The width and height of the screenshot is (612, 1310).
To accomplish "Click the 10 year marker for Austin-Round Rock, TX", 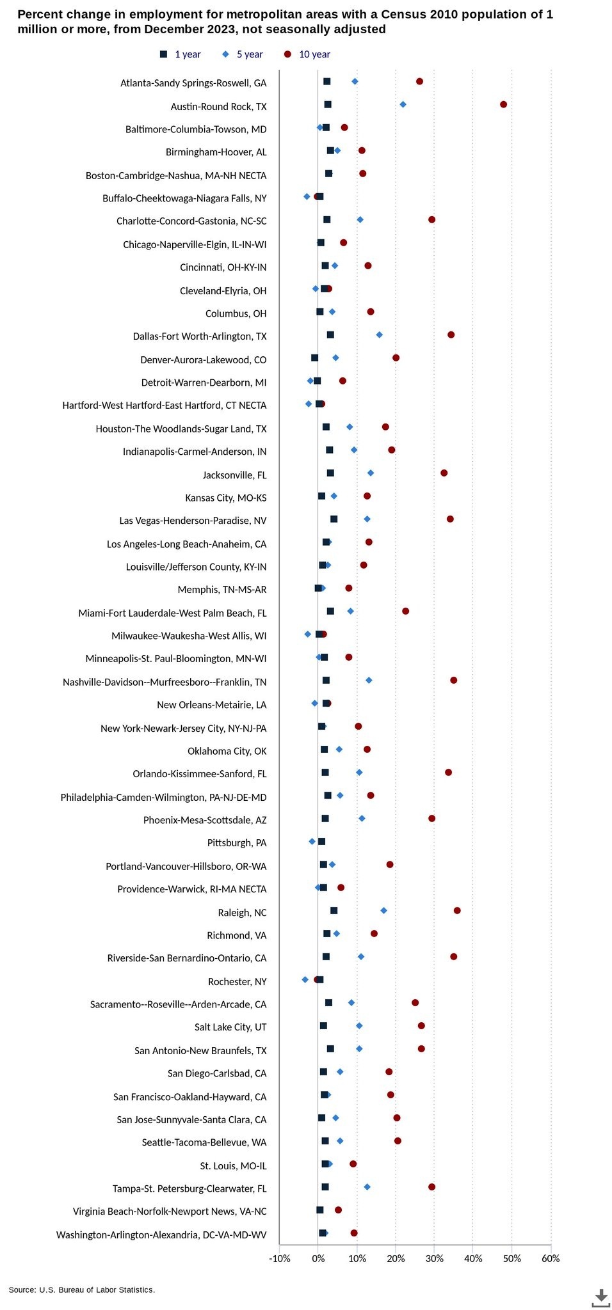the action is pyautogui.click(x=503, y=104).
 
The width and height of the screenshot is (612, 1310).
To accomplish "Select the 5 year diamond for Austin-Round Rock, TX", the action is pyautogui.click(x=403, y=104).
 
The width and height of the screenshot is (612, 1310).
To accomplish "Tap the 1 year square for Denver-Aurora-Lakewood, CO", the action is pyautogui.click(x=314, y=358).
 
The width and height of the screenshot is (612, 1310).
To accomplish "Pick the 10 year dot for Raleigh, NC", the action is pyautogui.click(x=457, y=910).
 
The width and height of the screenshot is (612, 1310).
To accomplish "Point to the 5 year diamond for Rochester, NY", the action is pyautogui.click(x=305, y=979).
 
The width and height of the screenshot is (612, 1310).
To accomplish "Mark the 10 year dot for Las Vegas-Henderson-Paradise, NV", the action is pyautogui.click(x=450, y=519).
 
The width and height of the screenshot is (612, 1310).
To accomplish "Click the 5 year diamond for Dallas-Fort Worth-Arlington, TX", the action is pyautogui.click(x=379, y=335).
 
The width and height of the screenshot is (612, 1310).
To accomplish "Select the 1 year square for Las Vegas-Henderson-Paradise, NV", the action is pyautogui.click(x=334, y=519).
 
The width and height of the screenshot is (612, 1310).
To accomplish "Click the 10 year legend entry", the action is pyautogui.click(x=307, y=54).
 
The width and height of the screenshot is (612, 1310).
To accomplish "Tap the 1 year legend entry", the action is pyautogui.click(x=180, y=54).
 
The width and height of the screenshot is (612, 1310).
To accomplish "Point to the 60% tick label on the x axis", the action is pyautogui.click(x=551, y=1258).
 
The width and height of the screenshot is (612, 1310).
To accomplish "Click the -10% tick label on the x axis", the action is pyautogui.click(x=279, y=1258).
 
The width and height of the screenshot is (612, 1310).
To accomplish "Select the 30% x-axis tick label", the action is pyautogui.click(x=434, y=1258).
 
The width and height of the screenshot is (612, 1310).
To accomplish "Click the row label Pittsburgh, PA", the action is pyautogui.click(x=237, y=842).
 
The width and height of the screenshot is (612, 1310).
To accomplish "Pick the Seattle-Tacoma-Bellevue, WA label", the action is pyautogui.click(x=204, y=1142).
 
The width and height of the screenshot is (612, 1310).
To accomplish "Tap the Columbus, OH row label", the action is pyautogui.click(x=236, y=313).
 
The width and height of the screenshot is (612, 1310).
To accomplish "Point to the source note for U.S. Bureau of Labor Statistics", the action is pyautogui.click(x=82, y=1290).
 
